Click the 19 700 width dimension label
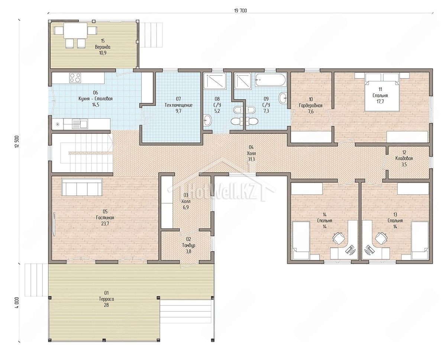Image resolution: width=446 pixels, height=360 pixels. point(240,11)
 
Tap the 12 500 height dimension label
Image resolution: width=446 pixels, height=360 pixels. point(17,142)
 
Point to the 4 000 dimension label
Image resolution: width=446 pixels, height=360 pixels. point(17,302)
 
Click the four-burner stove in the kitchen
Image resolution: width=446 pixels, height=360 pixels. point(75,77)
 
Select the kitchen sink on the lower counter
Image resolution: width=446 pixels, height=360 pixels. point(80,124)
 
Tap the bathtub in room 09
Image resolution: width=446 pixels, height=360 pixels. point(271,80)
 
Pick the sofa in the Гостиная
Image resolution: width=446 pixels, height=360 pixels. point(82,187)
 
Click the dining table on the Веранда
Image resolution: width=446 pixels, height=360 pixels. point(75,31)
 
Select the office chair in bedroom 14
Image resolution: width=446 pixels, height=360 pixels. point(339,238)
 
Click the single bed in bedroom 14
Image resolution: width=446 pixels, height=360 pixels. point(301,241)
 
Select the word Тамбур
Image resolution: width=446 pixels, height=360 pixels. point(189,245)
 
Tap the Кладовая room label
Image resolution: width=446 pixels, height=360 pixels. point(404,158)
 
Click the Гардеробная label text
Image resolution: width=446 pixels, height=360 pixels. point(311,106)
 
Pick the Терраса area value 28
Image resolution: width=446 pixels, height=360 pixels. point(106,305)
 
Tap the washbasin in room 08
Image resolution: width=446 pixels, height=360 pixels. point(208,120)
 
